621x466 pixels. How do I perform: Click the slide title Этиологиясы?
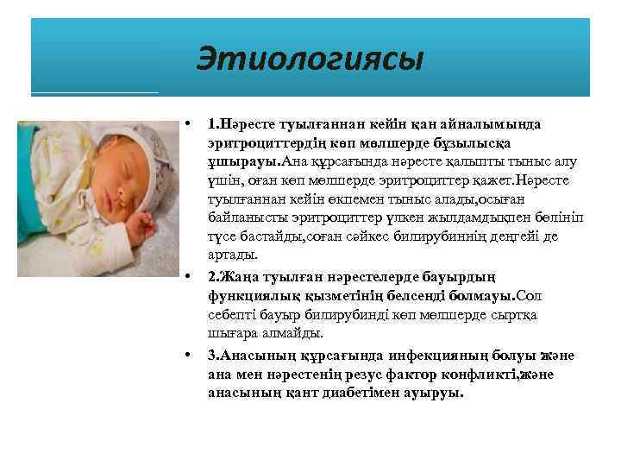point(310,60)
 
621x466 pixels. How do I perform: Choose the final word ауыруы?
point(436,393)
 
